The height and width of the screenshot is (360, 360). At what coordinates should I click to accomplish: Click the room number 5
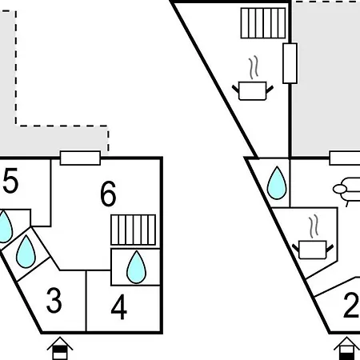pyautogui.click(x=10, y=180)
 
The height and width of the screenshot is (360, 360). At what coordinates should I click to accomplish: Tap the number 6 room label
pyautogui.click(x=108, y=194)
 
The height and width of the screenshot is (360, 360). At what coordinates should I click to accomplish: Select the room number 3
pyautogui.click(x=54, y=301)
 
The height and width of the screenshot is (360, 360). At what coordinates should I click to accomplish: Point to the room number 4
pyautogui.click(x=119, y=306)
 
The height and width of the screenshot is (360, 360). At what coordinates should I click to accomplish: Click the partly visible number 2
pyautogui.click(x=352, y=306)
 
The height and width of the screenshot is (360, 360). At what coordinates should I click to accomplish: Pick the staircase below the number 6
pyautogui.click(x=134, y=230)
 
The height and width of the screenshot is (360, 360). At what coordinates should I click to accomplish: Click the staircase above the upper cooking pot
pyautogui.click(x=263, y=23)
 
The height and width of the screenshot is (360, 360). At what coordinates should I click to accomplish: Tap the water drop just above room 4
pyautogui.click(x=136, y=267)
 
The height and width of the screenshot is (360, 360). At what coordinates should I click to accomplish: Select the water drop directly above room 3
pyautogui.click(x=26, y=251)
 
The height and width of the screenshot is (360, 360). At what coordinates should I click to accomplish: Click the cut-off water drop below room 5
pyautogui.click(x=5, y=226)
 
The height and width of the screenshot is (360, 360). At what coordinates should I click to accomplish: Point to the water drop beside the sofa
pyautogui.click(x=277, y=183)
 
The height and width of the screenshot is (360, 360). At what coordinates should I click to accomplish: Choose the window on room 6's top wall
pyautogui.click(x=80, y=158)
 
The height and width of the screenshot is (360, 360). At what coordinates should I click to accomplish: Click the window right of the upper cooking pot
pyautogui.click(x=290, y=63)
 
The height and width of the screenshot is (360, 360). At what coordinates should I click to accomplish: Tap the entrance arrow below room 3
pyautogui.click(x=60, y=348)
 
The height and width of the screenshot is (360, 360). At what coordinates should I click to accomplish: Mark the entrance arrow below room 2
pyautogui.click(x=346, y=348)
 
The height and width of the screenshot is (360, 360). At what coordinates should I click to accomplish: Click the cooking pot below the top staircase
pyautogui.click(x=253, y=91)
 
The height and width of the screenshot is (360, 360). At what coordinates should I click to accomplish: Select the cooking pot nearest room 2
pyautogui.click(x=313, y=250)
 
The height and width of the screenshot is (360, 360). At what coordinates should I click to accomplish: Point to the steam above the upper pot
pyautogui.click(x=254, y=67)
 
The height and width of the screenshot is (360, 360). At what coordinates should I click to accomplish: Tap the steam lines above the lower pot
pyautogui.click(x=314, y=226)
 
